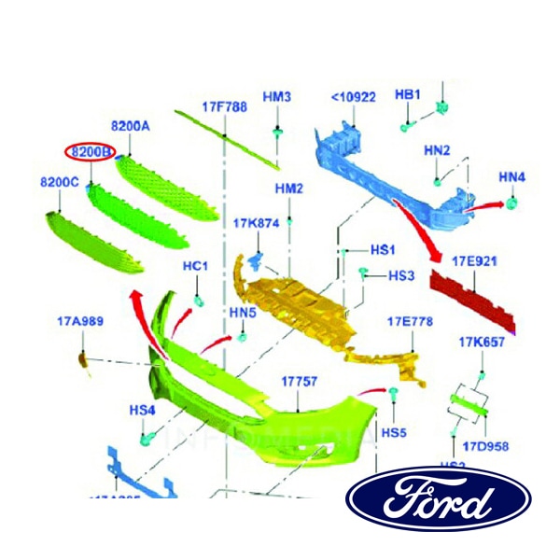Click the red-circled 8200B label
click(90, 150)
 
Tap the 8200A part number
click(131, 126)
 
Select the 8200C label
click(59, 183)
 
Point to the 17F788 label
click(225, 106)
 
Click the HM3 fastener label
click(277, 96)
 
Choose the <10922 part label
click(354, 96)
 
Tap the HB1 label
click(409, 94)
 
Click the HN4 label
click(512, 176)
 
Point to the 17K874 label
click(256, 223)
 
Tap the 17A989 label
click(79, 322)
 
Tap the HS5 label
click(395, 433)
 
